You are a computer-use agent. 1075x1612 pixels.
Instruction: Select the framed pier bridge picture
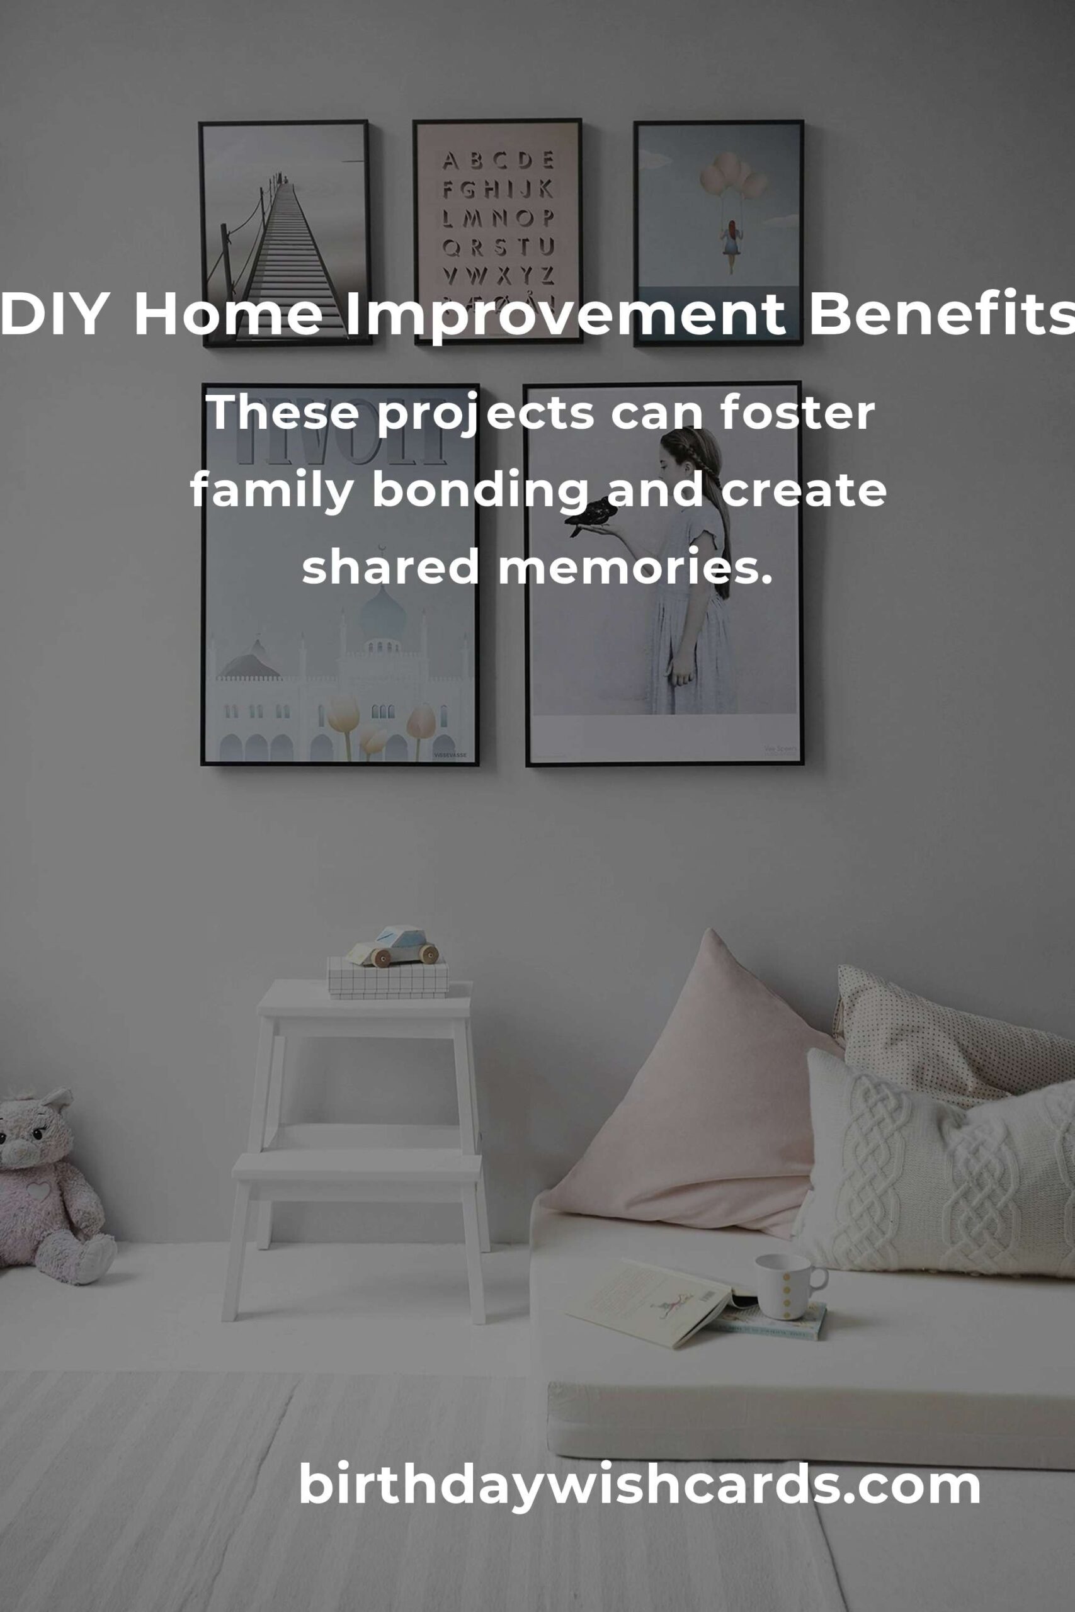point(285,233)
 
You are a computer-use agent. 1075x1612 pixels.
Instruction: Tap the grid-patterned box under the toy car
point(388,977)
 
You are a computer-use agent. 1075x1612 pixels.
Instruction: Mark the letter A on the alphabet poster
point(450,161)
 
